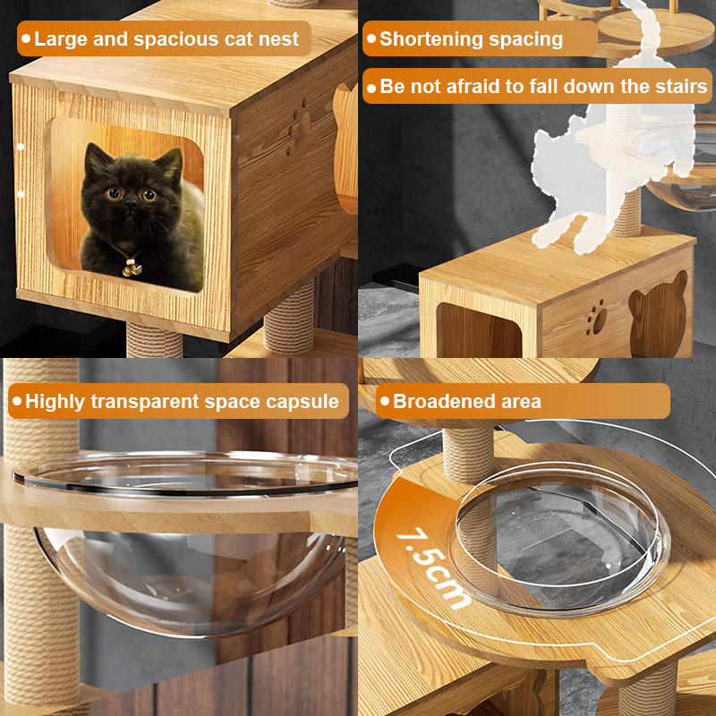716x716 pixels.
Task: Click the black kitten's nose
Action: pos(131,204)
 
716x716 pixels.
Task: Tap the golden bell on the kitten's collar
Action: pos(132,268)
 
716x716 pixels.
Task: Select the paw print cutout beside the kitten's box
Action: pos(297,126)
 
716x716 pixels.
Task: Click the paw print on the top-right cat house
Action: pos(597,318)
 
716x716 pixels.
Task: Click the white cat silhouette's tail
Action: pos(644,32)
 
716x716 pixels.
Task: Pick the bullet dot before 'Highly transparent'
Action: pos(17,401)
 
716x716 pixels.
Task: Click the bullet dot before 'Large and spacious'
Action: pos(26,38)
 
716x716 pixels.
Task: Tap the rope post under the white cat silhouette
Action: pos(625,212)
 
